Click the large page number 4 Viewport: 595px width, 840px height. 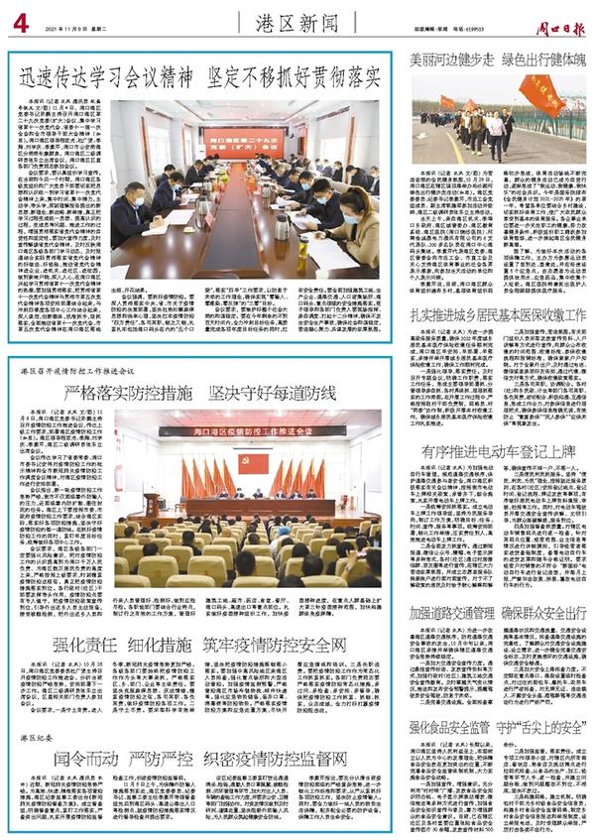[x=19, y=19]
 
